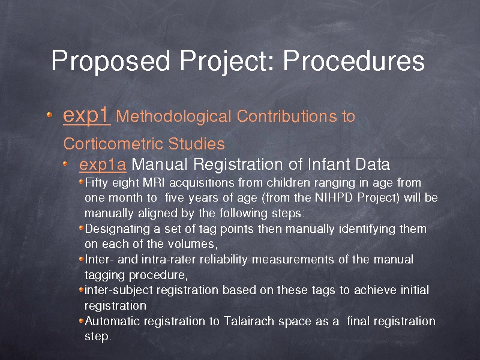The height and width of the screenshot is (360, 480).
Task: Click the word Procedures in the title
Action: (353, 61)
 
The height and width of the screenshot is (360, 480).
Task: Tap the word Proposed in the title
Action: (110, 61)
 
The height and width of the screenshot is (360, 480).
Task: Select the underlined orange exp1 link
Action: (86, 116)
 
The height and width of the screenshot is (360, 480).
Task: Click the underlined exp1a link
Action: (103, 164)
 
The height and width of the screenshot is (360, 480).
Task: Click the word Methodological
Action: (173, 116)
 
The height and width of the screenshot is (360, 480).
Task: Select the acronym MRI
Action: (154, 183)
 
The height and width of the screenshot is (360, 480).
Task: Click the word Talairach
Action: (248, 321)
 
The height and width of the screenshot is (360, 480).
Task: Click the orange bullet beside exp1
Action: (49, 115)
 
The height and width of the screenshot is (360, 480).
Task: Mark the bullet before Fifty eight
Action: (81, 182)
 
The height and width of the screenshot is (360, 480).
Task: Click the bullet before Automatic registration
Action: (81, 320)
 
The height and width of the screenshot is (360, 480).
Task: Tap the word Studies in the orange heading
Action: (196, 143)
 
